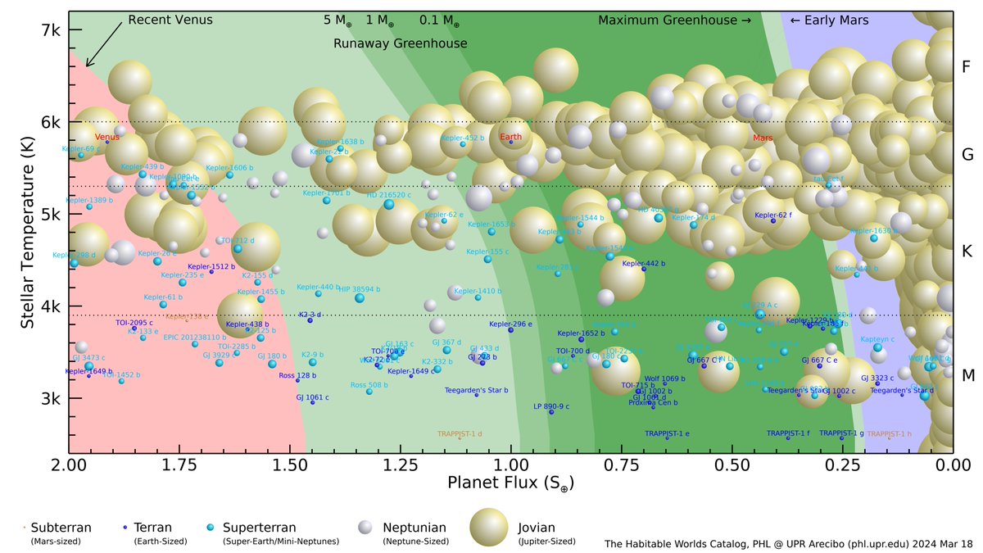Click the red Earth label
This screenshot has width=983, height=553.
tap(510, 137)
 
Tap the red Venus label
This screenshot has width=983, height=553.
tap(106, 137)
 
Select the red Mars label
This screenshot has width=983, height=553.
tap(763, 138)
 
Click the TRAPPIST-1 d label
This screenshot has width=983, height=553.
tap(460, 433)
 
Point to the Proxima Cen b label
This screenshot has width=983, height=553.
tap(653, 403)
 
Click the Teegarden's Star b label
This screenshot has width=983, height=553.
tap(476, 390)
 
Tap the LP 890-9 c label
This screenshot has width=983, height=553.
tap(550, 406)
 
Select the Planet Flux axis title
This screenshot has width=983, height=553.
tap(510, 484)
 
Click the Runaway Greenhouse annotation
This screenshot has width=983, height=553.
tap(400, 43)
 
